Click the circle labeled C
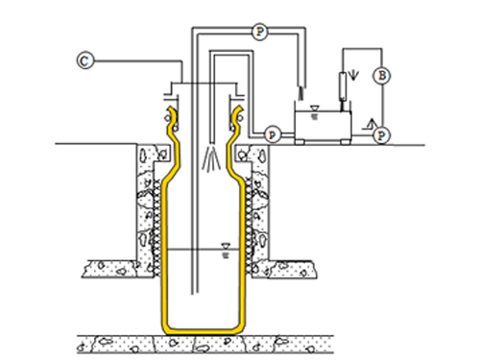85,60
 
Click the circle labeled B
382,76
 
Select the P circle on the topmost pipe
259,32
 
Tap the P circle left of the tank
272,134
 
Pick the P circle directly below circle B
381,135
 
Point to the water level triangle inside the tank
314,108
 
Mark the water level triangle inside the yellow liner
226,246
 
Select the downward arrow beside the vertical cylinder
353,75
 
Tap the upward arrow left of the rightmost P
372,123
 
